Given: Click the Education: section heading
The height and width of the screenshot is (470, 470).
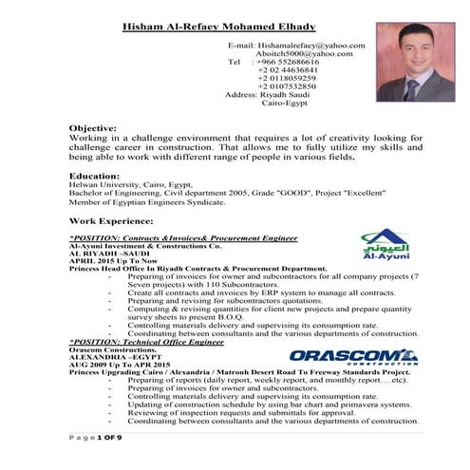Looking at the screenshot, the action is pos(94,176).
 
